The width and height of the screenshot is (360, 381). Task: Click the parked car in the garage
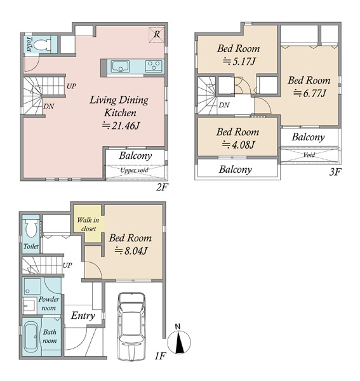click(x=131, y=326)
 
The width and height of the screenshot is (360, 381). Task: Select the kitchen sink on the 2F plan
click(x=120, y=66)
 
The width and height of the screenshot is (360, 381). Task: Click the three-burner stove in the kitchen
click(x=154, y=66)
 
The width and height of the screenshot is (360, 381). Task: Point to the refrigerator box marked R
click(x=157, y=35)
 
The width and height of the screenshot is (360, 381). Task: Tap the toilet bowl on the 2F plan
click(x=41, y=44)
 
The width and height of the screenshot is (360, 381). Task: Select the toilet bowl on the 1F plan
click(x=31, y=228)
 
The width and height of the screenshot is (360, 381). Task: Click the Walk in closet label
click(x=88, y=224)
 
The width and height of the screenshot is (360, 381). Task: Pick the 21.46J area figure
click(x=121, y=125)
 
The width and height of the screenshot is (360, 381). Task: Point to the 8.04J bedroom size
click(x=131, y=251)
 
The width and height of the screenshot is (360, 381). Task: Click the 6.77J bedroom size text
click(x=310, y=93)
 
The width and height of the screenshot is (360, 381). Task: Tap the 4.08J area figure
click(x=238, y=145)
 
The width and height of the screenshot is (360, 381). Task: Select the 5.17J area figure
click(x=239, y=61)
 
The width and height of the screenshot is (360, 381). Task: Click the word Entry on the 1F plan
click(x=83, y=316)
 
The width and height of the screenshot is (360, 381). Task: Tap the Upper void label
click(x=135, y=170)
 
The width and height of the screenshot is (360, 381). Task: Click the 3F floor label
click(x=335, y=172)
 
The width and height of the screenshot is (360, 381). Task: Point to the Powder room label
click(x=49, y=304)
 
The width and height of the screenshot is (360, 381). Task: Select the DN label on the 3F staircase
click(x=223, y=105)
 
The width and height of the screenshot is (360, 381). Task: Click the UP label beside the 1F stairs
click(x=67, y=265)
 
